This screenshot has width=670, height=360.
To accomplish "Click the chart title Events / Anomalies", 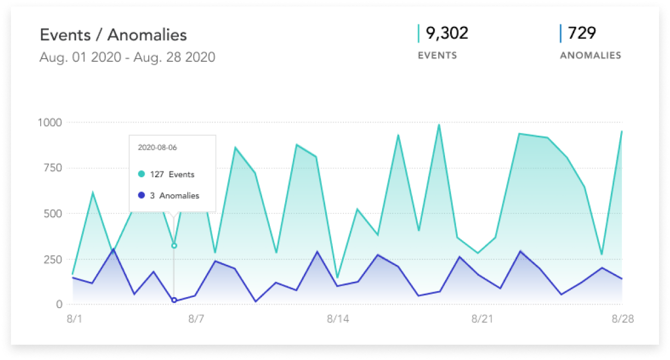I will pos(113,35).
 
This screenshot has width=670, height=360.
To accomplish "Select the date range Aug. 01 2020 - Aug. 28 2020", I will pos(127,57).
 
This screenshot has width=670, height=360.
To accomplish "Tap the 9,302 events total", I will pos(447,33).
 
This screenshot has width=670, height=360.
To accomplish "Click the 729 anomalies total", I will pos(582,33).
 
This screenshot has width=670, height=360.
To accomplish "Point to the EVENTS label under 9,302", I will pos(437,55).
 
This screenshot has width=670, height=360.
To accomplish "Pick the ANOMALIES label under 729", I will pos(591,55).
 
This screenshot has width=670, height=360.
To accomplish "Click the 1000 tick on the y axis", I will pos(50,123).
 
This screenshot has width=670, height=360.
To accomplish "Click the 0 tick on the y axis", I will pos(59,304).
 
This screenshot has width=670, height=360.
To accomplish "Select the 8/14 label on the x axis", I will pos(337,319).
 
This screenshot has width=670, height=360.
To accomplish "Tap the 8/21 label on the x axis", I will pos(480,319).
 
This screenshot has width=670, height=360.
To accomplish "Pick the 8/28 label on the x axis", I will pos(622,319).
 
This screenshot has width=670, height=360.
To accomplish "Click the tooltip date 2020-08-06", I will pos(157,148).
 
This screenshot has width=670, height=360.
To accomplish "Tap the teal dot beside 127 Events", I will pos(141,175).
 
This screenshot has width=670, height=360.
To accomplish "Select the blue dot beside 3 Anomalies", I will pos(141,195).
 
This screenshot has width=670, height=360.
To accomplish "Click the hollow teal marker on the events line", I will pos(174,246).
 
